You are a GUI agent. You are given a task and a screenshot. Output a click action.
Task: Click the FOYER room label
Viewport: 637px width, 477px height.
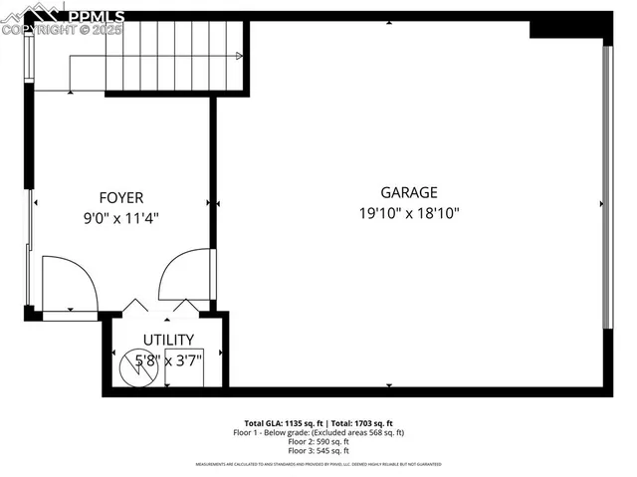pyautogui.click(x=121, y=197)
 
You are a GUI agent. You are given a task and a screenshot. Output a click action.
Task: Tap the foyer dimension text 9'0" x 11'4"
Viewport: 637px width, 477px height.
pyautogui.click(x=121, y=217)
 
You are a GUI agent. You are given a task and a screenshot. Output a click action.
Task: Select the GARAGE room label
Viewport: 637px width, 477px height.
pyautogui.click(x=408, y=192)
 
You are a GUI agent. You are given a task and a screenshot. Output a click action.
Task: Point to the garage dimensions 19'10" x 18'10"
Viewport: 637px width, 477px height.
pyautogui.click(x=409, y=212)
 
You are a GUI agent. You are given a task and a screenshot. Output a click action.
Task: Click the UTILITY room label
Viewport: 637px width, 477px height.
pyautogui.click(x=168, y=341)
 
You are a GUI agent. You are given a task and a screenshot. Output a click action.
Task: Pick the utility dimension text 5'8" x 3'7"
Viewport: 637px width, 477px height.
pyautogui.click(x=169, y=359)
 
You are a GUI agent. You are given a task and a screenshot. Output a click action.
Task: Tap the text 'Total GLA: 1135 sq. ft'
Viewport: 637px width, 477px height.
pyautogui.click(x=283, y=423)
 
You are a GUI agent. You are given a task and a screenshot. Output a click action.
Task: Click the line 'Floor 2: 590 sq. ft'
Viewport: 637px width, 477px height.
pyautogui.click(x=318, y=442)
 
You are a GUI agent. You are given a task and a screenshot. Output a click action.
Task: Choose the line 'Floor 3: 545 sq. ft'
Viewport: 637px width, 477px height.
pyautogui.click(x=318, y=451)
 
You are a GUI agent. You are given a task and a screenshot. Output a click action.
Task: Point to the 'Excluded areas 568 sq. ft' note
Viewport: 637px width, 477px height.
pyautogui.click(x=358, y=433)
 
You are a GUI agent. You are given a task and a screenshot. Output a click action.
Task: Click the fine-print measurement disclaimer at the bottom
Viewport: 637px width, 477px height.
pyautogui.click(x=318, y=465)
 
